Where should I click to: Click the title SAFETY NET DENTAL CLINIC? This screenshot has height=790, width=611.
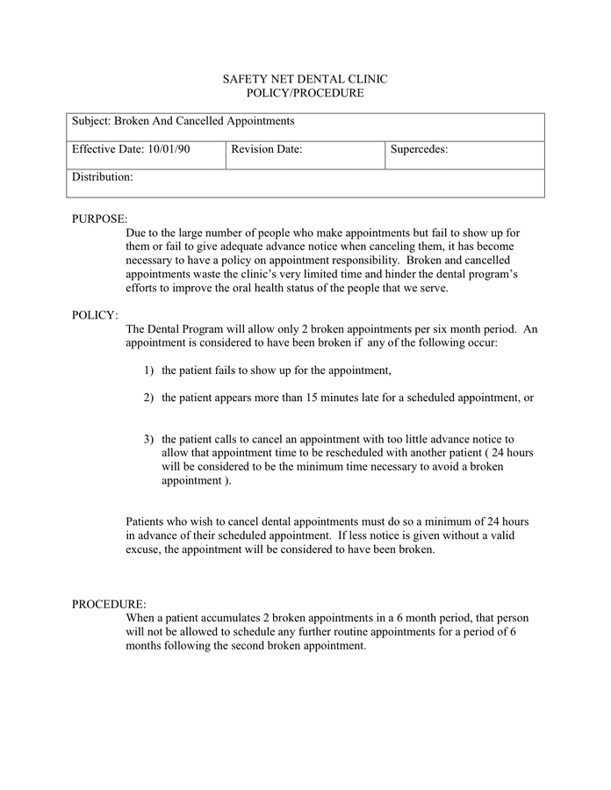pos(305,79)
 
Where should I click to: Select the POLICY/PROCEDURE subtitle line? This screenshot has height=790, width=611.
pos(305,93)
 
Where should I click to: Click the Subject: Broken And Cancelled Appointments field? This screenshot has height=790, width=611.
pos(183,121)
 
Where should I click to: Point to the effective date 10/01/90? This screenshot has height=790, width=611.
pos(169,150)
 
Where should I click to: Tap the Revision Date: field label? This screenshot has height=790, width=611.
pos(267,150)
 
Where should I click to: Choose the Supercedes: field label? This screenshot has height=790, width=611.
pos(419,150)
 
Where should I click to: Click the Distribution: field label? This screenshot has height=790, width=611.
pos(103,178)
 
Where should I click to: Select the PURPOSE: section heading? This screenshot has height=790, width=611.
pos(99,219)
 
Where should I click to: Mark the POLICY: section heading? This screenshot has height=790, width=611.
pos(95,315)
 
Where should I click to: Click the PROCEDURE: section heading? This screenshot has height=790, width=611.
pos(109,604)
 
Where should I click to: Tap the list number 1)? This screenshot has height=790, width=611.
pos(149,370)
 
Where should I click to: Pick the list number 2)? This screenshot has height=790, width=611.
pos(149,398)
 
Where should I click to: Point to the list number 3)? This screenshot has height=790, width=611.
pos(149,439)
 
